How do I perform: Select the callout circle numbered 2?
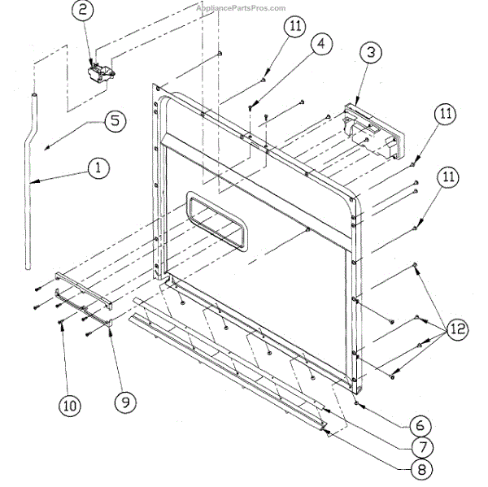(x=83, y=11)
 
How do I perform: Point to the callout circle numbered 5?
(x=113, y=120)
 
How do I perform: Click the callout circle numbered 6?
(x=417, y=425)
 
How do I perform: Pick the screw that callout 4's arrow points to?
(x=253, y=105)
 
